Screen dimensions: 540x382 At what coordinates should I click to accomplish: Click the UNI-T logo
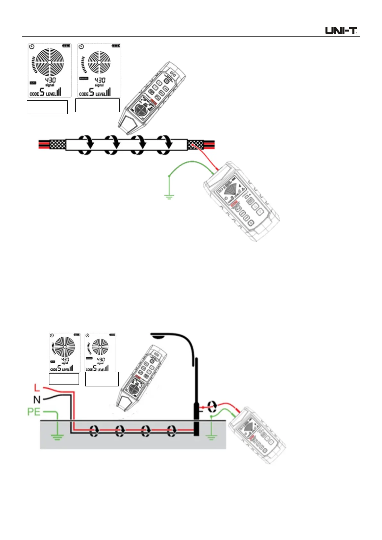click(x=341, y=31)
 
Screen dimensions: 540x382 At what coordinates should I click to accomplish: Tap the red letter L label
click(x=37, y=388)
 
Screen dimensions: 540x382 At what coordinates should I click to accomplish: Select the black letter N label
click(x=37, y=400)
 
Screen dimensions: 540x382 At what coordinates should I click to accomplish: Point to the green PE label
click(x=34, y=412)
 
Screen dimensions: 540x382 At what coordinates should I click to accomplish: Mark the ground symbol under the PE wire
click(x=57, y=436)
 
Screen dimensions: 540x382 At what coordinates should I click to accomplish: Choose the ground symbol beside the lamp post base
click(x=211, y=437)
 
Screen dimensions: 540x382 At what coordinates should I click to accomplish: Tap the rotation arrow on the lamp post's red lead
click(x=211, y=406)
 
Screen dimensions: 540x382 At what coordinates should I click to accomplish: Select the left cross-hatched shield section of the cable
click(x=58, y=145)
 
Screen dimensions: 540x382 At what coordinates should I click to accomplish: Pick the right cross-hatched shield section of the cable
click(x=195, y=145)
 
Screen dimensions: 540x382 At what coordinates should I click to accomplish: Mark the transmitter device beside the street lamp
click(x=257, y=435)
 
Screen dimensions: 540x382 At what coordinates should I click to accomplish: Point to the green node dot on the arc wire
click(x=169, y=176)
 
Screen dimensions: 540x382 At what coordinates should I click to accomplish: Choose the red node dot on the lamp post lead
click(x=203, y=408)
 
